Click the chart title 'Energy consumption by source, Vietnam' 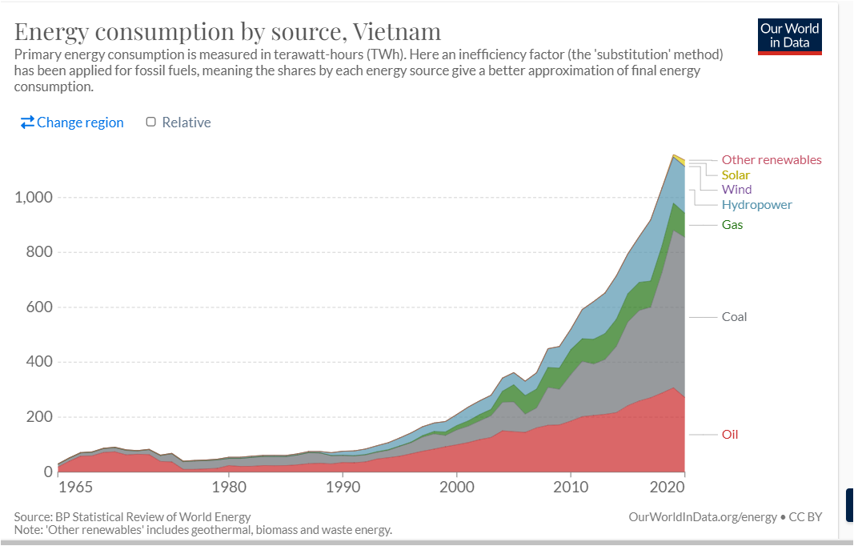(228, 31)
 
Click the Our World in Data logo (789, 35)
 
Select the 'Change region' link (72, 122)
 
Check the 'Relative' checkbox (150, 122)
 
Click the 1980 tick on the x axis (229, 487)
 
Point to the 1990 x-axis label (343, 487)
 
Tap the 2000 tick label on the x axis (456, 487)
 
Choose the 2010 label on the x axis (570, 487)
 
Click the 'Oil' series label (729, 435)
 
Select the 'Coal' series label (734, 317)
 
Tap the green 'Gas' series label (732, 225)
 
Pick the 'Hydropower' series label (756, 205)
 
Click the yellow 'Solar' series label (736, 175)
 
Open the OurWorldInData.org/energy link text (703, 517)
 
